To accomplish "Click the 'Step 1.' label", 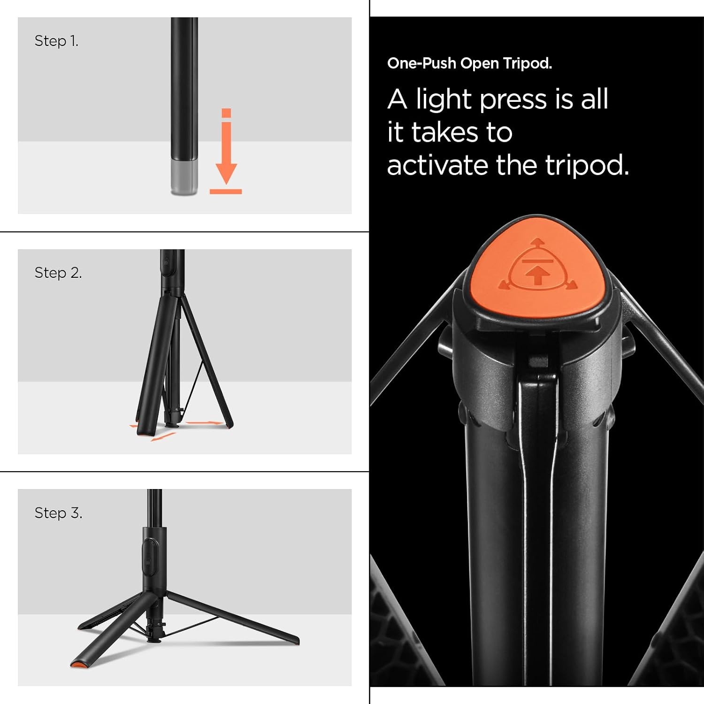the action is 56,41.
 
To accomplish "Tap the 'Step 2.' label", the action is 58,273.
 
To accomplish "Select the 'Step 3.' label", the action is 58,513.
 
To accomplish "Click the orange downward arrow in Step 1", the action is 226,146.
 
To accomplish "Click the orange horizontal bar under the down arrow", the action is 226,191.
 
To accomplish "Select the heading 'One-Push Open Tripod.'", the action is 469,63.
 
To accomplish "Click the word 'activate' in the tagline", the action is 438,165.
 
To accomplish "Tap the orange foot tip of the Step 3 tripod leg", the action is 79,664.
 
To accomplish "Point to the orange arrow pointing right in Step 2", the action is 204,423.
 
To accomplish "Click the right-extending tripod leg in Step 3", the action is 232,617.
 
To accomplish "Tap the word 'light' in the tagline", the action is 444,99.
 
